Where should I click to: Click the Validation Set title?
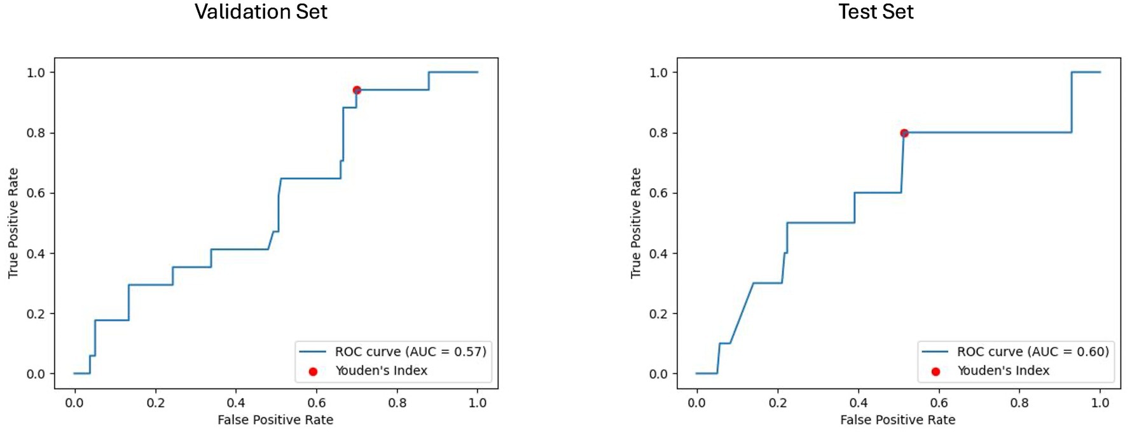[261, 12]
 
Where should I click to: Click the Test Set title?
[875, 12]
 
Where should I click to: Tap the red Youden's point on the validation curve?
[357, 90]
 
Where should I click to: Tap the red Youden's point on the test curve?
[904, 133]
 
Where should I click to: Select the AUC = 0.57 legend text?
[410, 352]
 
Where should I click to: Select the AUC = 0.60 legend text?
[1033, 352]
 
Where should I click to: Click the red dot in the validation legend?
[313, 371]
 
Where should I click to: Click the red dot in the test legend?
[935, 371]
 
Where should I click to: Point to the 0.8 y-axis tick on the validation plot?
[36, 133]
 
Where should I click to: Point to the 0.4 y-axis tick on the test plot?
[658, 254]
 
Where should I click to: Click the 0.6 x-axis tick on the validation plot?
[316, 403]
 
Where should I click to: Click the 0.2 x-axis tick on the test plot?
[777, 403]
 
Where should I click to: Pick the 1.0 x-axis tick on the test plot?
[1100, 403]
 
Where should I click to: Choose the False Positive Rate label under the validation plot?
[275, 420]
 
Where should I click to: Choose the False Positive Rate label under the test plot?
[897, 420]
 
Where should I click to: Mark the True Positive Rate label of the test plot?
[635, 223]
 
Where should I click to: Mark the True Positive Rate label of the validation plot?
[13, 223]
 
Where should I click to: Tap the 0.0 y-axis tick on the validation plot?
[36, 374]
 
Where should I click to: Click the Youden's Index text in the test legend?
[1003, 371]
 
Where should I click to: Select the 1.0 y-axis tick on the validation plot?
[36, 72]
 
